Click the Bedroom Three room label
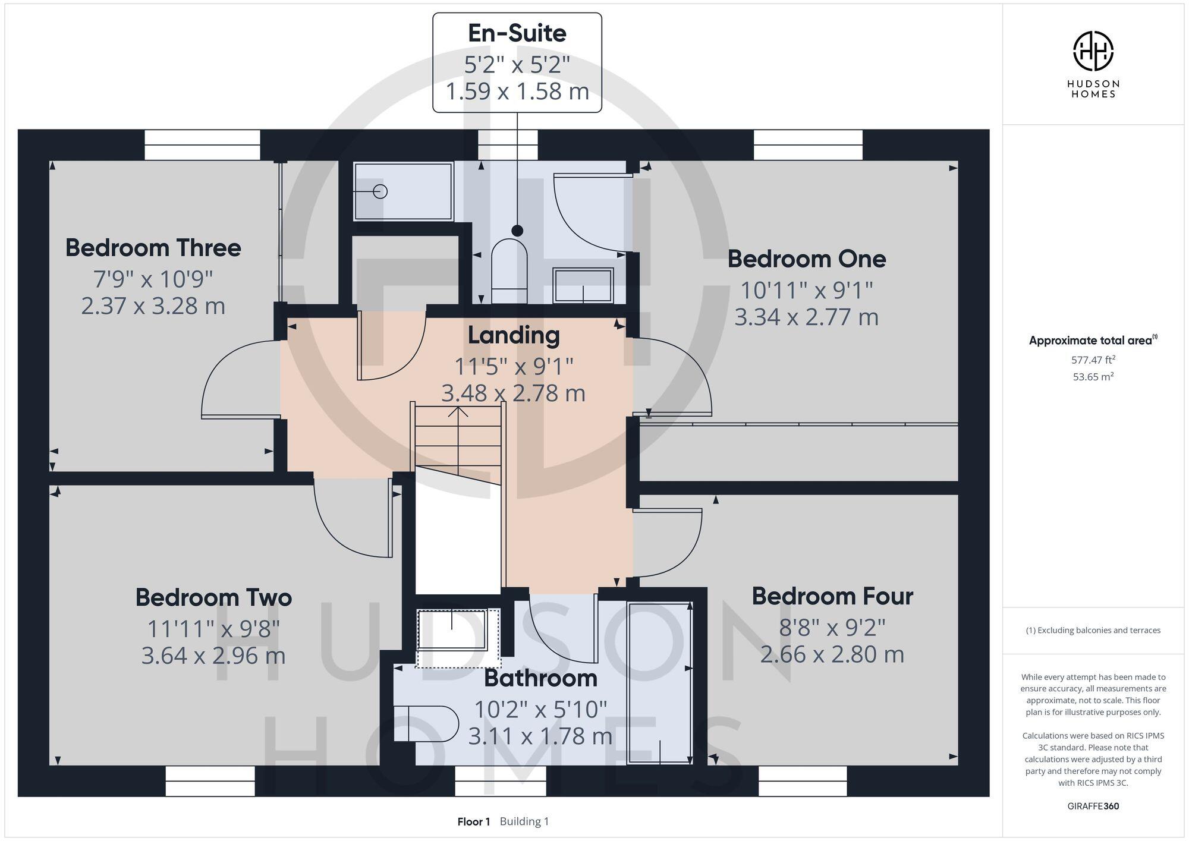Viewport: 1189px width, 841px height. click(153, 248)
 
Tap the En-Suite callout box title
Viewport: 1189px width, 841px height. click(517, 33)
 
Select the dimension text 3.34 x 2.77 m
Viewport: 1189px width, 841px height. click(806, 317)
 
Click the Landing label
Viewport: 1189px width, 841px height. click(513, 335)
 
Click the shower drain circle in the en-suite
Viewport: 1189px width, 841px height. click(380, 191)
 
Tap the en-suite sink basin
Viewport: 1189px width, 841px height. click(583, 285)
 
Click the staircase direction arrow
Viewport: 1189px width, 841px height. click(458, 412)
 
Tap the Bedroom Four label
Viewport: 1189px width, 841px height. click(832, 596)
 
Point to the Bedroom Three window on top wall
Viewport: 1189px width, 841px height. click(202, 145)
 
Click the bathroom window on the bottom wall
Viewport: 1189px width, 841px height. click(500, 780)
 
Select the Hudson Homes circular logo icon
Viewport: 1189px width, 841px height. click(1093, 52)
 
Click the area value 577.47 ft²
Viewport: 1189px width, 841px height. click(1093, 360)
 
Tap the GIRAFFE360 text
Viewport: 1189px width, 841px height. click(1093, 806)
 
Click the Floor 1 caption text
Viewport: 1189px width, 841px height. click(473, 821)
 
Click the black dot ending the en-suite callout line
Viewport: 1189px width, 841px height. click(517, 231)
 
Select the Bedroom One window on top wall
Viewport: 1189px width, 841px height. click(808, 145)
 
